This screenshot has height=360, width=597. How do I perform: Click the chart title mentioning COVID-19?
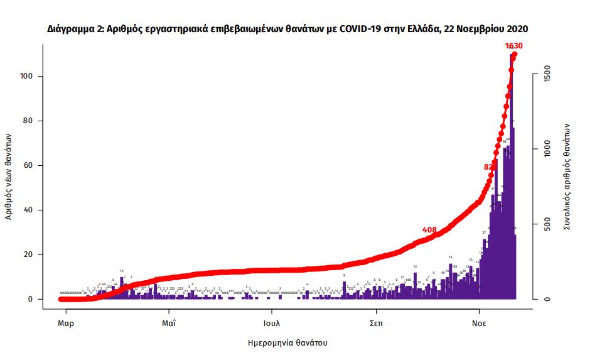pos(288,29)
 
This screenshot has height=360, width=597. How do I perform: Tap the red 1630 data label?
pos(514,45)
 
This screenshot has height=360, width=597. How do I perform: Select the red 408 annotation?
pos(429,230)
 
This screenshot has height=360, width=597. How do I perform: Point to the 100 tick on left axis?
pos(27,76)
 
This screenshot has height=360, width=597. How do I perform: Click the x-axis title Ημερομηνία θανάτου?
pos(288,343)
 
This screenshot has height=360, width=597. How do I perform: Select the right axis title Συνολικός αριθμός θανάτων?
pos(567,175)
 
